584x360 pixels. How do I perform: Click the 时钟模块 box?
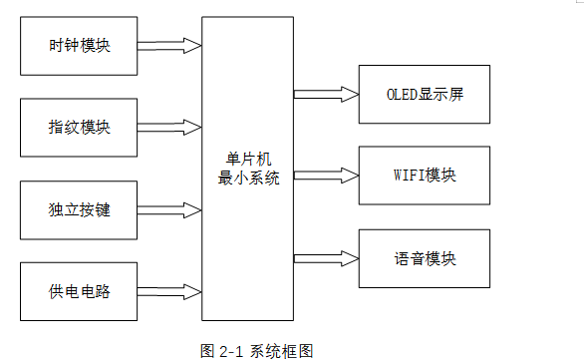pos(79,46)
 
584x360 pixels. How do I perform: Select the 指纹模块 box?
pos(79,128)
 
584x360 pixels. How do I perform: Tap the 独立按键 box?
pos(79,210)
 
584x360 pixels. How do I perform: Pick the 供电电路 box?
pos(79,292)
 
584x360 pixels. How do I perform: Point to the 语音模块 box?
pos(424,258)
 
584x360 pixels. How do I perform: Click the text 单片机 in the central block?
pos(247,160)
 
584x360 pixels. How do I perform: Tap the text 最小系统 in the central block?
pos(247,179)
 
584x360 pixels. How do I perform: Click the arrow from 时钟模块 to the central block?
pos(168,45)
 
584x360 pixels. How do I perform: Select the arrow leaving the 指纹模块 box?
pos(168,128)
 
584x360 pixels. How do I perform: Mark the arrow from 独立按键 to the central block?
pos(168,210)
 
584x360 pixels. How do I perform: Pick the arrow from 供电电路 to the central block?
pos(168,292)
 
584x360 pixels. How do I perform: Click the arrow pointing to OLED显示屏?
pos(326,94)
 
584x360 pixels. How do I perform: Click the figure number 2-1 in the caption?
pos(230,350)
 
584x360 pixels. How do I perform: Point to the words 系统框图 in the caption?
pos(282,350)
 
